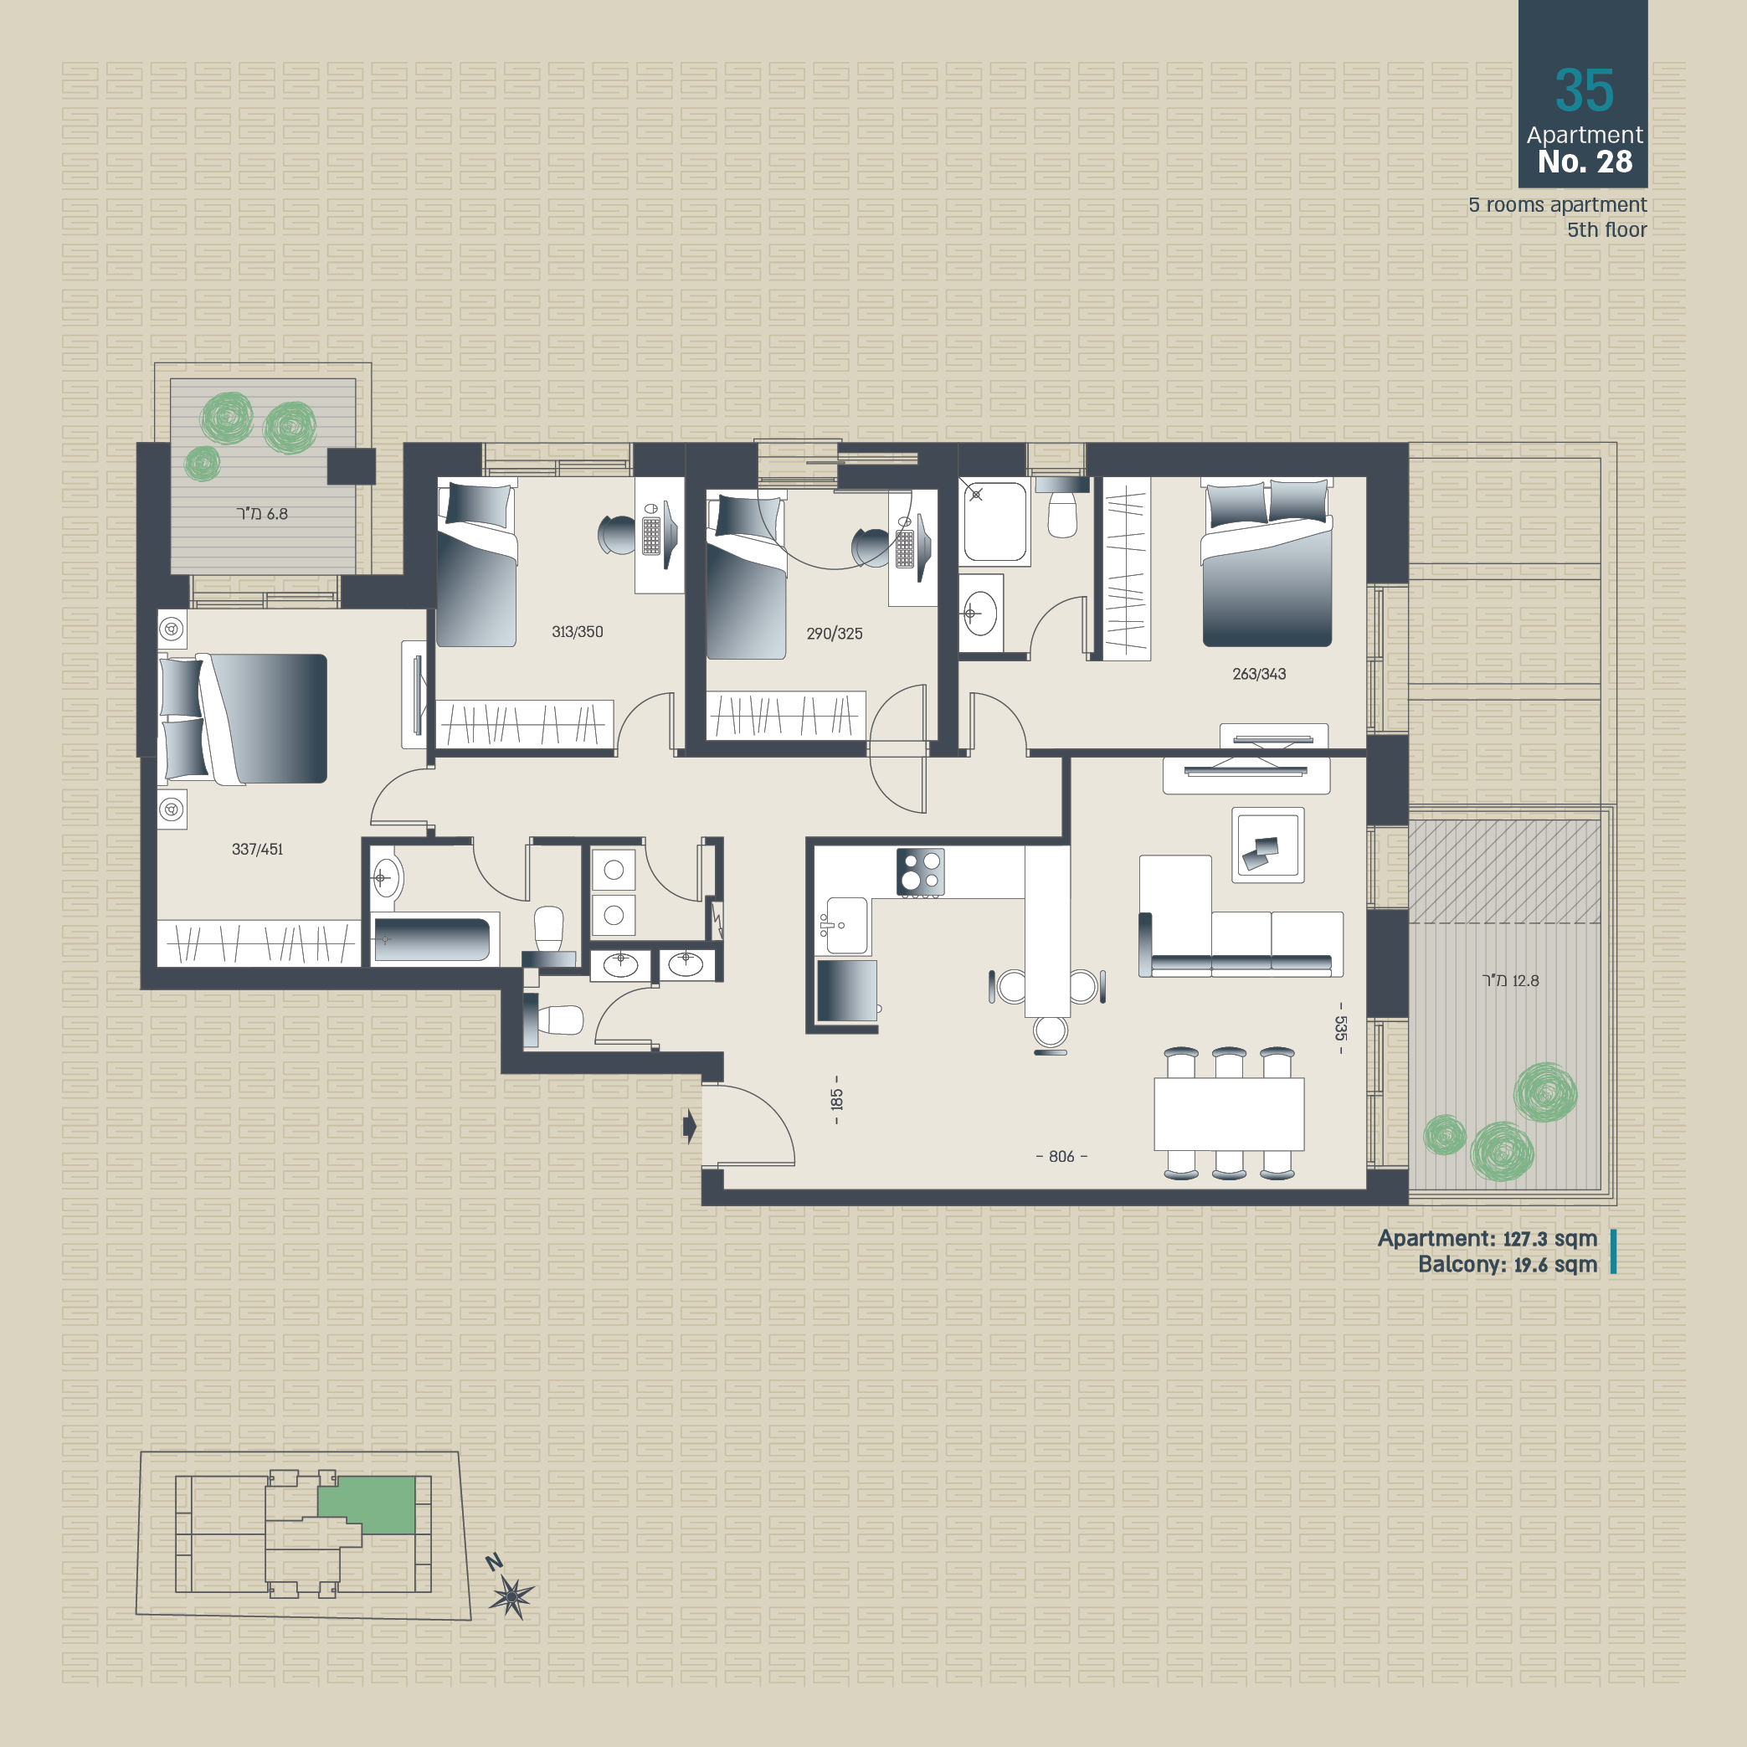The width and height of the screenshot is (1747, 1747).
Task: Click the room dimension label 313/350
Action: tap(577, 632)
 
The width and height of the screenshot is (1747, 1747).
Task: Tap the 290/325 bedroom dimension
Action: tap(834, 634)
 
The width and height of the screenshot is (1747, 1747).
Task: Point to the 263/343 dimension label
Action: tap(1259, 674)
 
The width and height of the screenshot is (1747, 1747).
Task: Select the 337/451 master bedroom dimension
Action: tap(257, 849)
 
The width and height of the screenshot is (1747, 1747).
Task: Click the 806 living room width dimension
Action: tap(1061, 1157)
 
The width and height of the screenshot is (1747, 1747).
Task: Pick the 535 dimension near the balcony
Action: tap(1341, 1028)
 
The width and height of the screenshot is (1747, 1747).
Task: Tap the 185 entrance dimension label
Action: tap(836, 1100)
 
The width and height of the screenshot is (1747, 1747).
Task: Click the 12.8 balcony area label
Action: tap(1510, 980)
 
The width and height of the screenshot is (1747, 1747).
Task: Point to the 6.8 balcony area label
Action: tap(262, 514)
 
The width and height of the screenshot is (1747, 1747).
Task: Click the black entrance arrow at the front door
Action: tap(690, 1127)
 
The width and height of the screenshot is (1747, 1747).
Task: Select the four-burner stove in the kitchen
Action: tap(921, 872)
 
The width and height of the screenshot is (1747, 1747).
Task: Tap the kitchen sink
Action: tap(845, 926)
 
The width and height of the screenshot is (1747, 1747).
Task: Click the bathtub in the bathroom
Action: tap(432, 939)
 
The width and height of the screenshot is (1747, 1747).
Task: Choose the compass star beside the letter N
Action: tap(511, 1597)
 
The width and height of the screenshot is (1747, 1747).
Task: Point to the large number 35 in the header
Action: tap(1585, 90)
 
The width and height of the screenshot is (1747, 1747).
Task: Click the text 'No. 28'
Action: tap(1585, 162)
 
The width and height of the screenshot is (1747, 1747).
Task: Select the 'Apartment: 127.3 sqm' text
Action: tap(1488, 1239)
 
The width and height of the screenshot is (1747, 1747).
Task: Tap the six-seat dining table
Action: tap(1229, 1113)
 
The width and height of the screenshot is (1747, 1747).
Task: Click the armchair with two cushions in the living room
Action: tap(1267, 845)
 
